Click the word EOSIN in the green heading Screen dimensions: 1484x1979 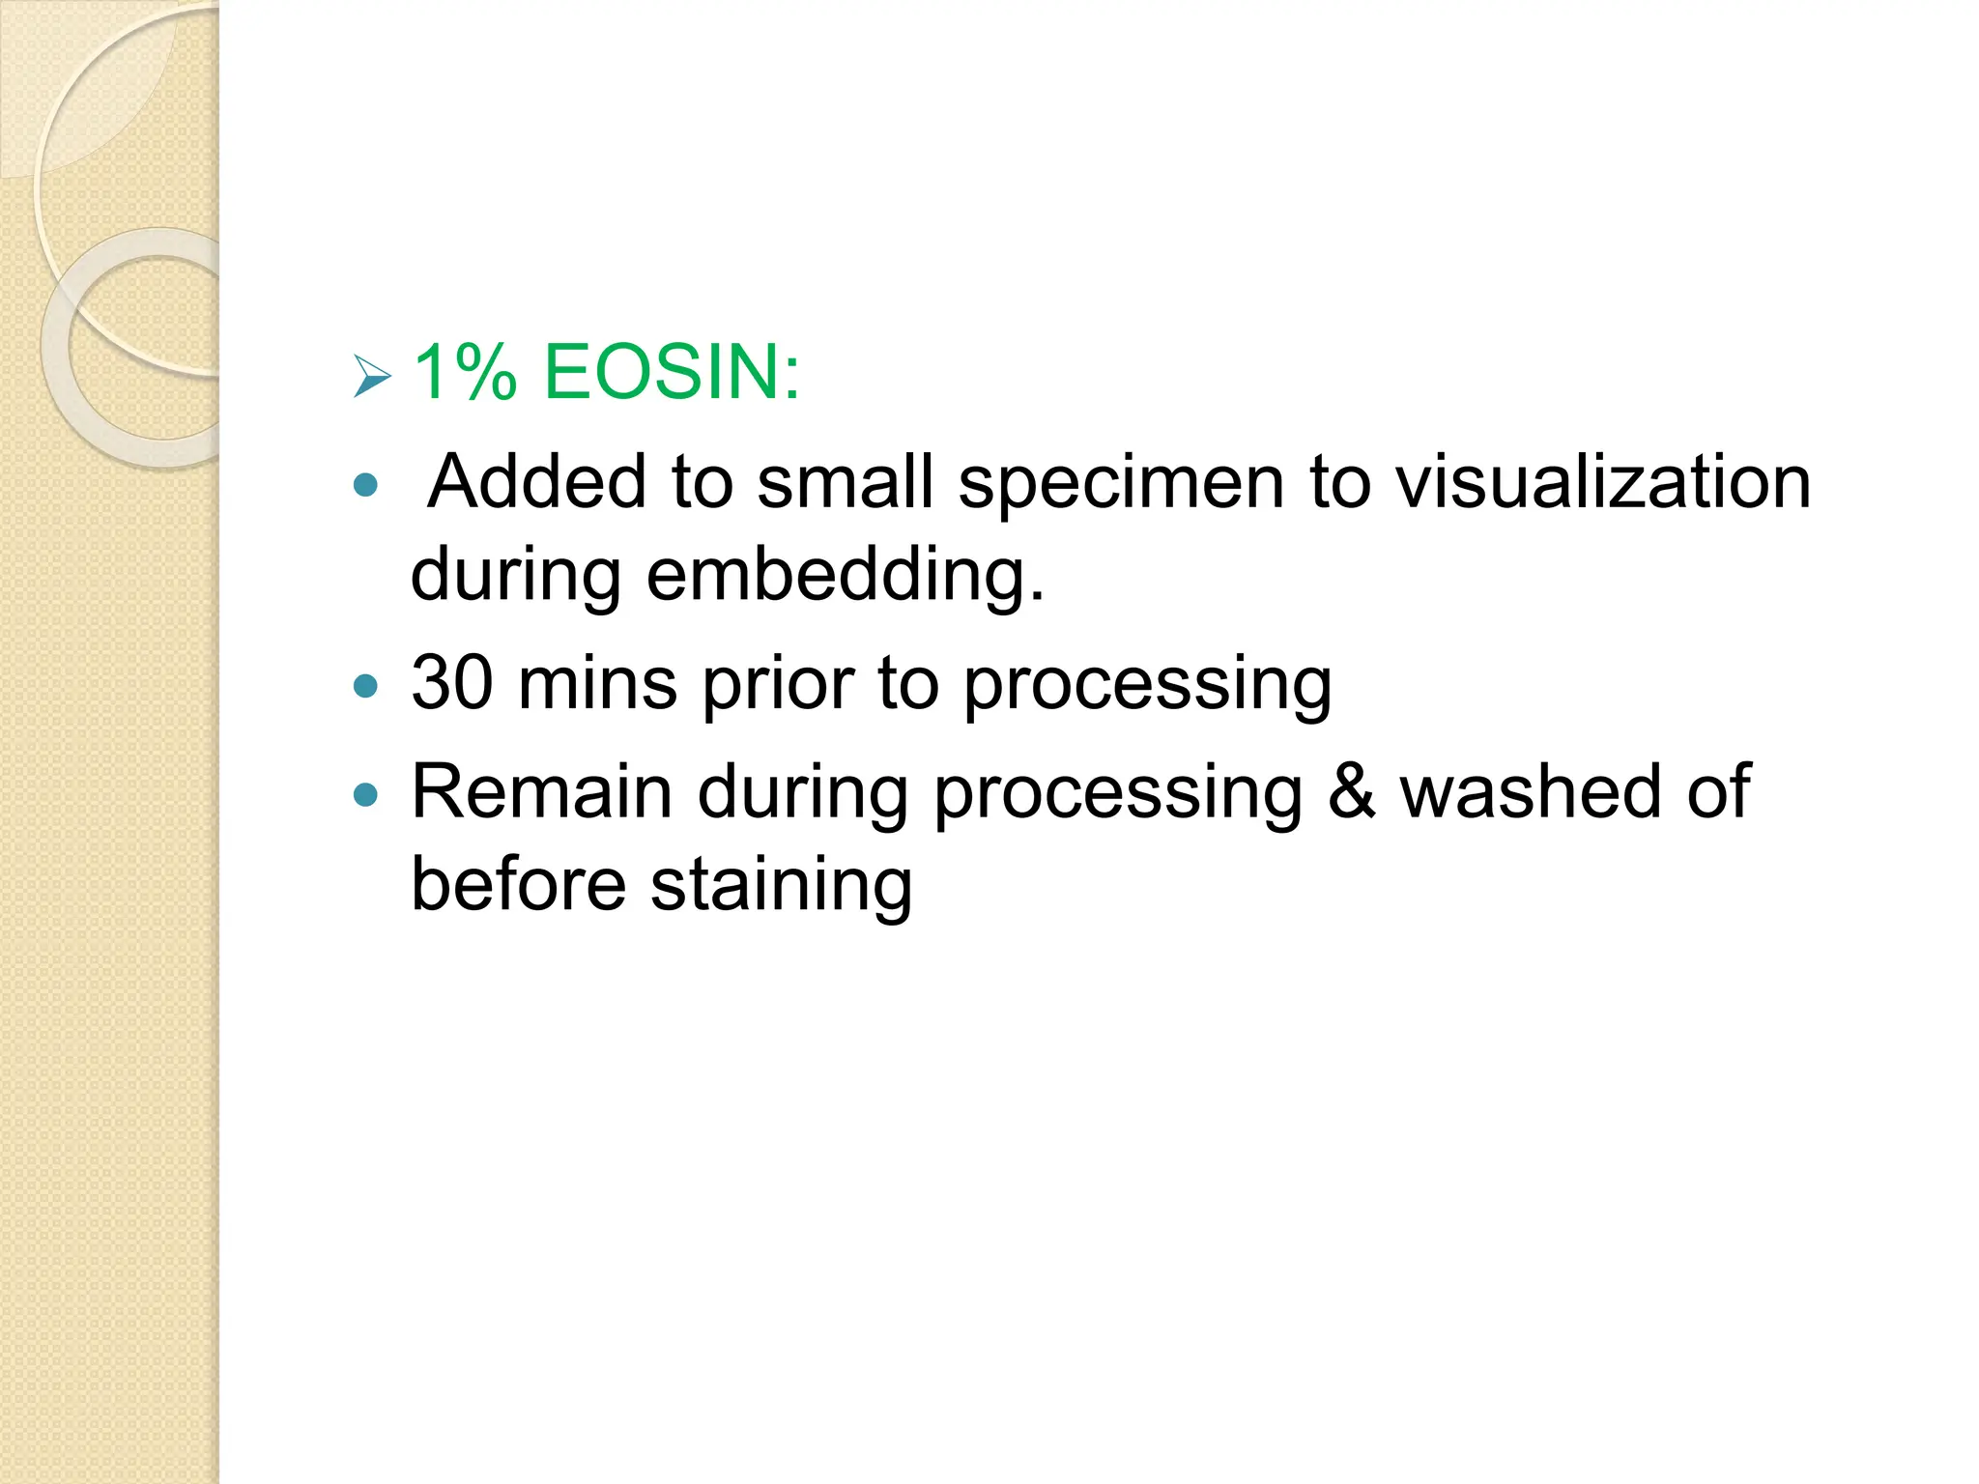coord(671,372)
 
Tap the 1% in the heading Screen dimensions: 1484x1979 coord(465,372)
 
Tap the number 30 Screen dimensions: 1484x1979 coord(452,684)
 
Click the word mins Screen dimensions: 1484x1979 coord(596,684)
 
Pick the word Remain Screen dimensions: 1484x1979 coord(541,792)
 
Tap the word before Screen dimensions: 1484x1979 coord(518,884)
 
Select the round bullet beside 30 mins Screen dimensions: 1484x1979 coord(365,686)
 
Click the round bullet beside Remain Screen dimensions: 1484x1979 coord(365,794)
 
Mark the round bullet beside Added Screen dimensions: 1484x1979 coord(365,484)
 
